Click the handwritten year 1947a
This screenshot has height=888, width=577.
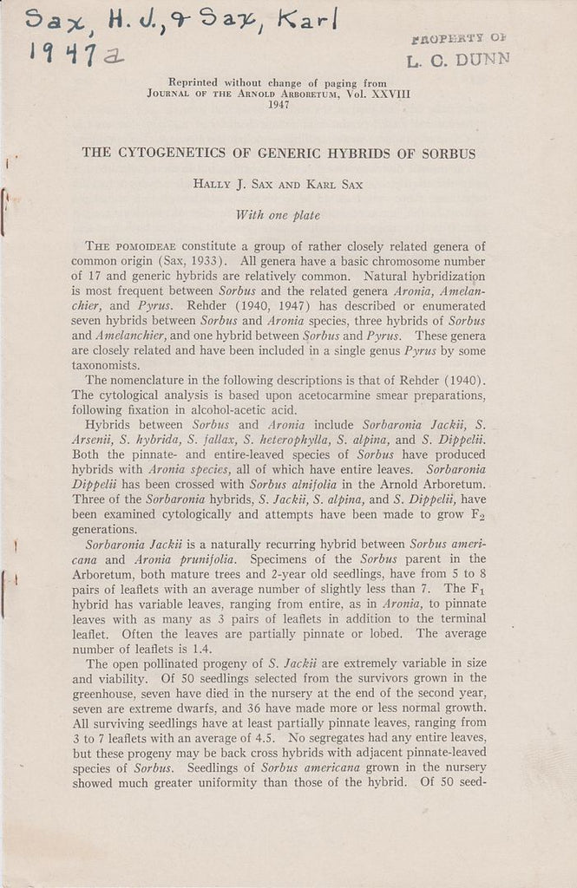coord(76,55)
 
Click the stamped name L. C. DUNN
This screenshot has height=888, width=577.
coord(457,59)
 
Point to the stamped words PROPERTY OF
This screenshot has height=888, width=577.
coord(458,38)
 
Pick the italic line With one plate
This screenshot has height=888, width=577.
coord(279,215)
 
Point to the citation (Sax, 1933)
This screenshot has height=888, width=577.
coord(195,261)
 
